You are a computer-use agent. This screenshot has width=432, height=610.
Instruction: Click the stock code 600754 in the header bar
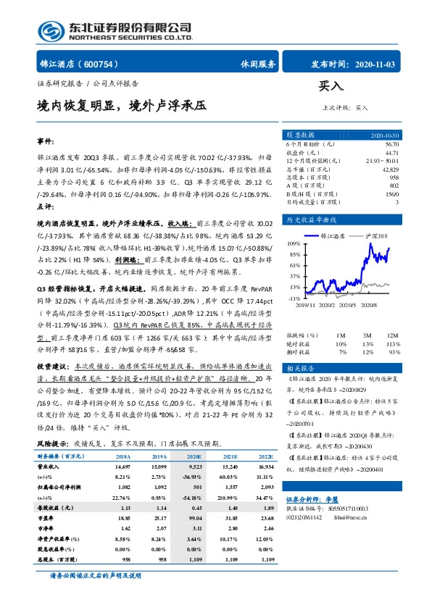pyautogui.click(x=108, y=64)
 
